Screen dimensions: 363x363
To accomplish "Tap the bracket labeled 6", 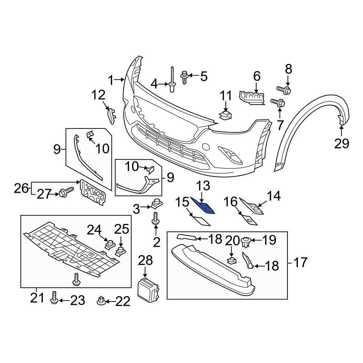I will (253, 97).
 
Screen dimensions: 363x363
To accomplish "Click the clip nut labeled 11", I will (225, 116).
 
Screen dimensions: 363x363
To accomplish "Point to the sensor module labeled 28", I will (148, 290).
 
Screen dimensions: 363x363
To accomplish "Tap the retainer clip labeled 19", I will (246, 242).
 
